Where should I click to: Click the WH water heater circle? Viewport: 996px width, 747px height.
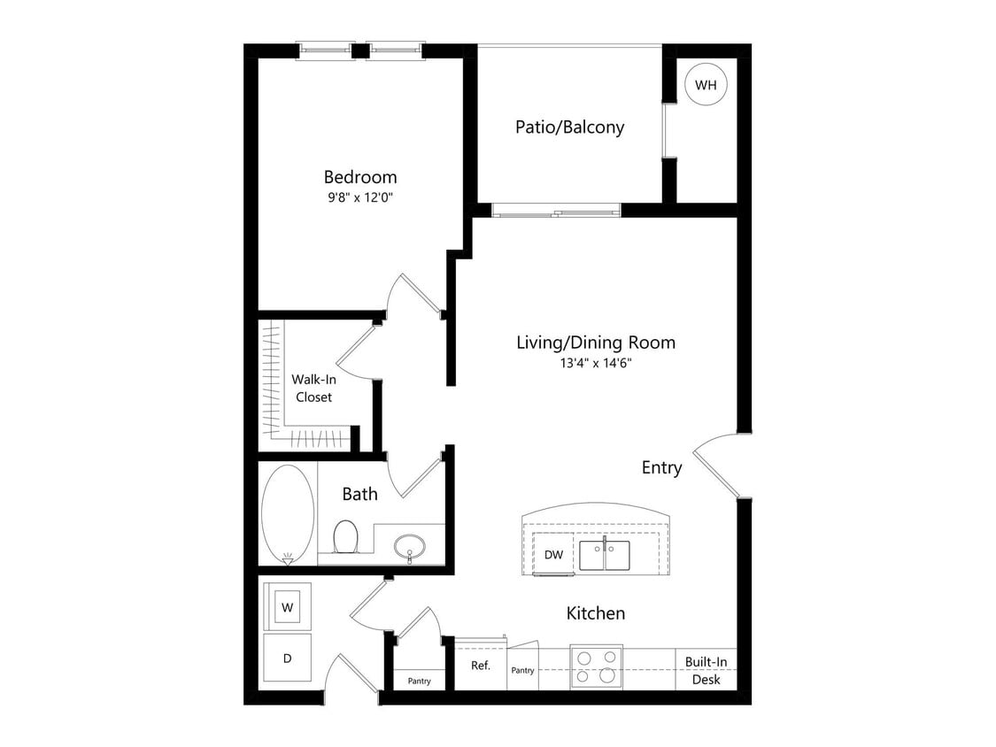pyautogui.click(x=706, y=85)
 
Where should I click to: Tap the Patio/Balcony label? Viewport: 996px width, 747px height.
pyautogui.click(x=569, y=127)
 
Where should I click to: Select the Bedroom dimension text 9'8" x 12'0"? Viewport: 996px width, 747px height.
pyautogui.click(x=359, y=197)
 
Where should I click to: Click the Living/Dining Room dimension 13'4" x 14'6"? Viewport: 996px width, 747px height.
pyautogui.click(x=595, y=362)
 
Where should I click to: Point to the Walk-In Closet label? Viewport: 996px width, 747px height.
pyautogui.click(x=313, y=389)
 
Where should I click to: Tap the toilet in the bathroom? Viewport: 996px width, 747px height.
pyautogui.click(x=345, y=536)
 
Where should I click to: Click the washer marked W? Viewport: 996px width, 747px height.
pyautogui.click(x=287, y=607)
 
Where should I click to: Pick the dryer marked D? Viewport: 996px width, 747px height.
pyautogui.click(x=287, y=658)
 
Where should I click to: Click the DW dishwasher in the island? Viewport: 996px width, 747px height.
pyautogui.click(x=554, y=555)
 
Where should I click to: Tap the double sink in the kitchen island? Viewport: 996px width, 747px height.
pyautogui.click(x=605, y=556)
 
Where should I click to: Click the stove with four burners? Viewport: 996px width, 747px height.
pyautogui.click(x=596, y=666)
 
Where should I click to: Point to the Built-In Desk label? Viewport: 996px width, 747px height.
pyautogui.click(x=706, y=671)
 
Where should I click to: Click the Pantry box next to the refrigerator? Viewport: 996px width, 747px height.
pyautogui.click(x=522, y=670)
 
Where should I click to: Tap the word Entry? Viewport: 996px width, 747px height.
pyautogui.click(x=661, y=468)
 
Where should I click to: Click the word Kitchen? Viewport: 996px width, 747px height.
pyautogui.click(x=596, y=613)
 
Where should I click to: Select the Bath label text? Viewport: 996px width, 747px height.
pyautogui.click(x=359, y=494)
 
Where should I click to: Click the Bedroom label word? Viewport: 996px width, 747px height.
pyautogui.click(x=359, y=177)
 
